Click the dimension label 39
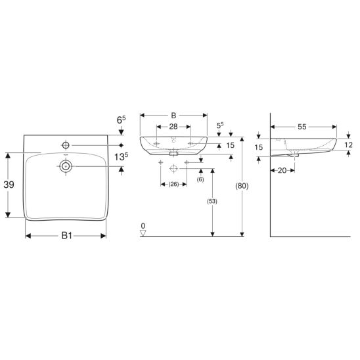click(x=9, y=185)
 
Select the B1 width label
click(x=67, y=236)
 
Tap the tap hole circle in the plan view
click(x=66, y=145)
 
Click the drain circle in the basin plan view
click(x=66, y=166)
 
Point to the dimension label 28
click(x=173, y=127)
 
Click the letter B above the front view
click(x=173, y=116)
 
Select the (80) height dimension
click(x=242, y=186)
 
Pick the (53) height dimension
click(x=212, y=202)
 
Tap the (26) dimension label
click(x=173, y=184)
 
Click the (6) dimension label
click(x=200, y=179)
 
